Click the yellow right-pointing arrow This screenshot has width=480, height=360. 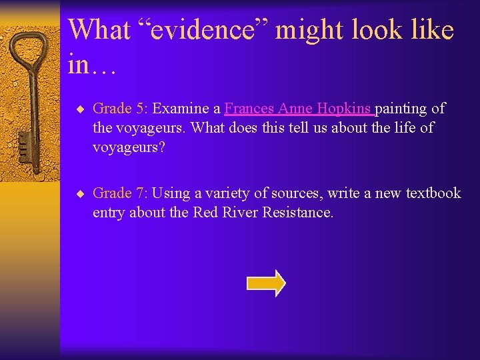pos(266,283)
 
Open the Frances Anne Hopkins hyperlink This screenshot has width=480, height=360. pos(299,108)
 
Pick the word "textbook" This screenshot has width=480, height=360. pos(433,193)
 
